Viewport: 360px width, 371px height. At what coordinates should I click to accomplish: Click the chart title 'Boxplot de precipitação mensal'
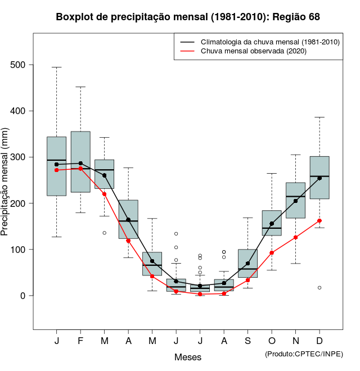pos(188,17)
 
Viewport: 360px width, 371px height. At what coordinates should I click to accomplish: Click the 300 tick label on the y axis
pos(19,157)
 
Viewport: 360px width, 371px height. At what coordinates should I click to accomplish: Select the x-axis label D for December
pos(319,341)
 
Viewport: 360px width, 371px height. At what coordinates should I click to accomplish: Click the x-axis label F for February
pos(80,341)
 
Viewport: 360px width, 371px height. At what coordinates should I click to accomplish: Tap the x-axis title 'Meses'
pos(188,357)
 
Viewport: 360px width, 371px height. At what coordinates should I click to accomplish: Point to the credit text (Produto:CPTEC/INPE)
pos(304,354)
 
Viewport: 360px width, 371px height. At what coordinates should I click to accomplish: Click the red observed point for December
pos(319,221)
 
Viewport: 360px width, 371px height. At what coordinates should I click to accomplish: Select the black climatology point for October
pos(272,224)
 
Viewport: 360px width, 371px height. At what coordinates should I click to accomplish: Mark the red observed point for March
pos(105,194)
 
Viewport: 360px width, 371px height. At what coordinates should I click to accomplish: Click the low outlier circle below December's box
pos(319,288)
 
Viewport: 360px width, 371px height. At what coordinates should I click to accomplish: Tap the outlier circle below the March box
pos(105,233)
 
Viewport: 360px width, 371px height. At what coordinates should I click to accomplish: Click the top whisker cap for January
pos(56,67)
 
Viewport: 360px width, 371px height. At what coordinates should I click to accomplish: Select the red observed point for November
pos(295,237)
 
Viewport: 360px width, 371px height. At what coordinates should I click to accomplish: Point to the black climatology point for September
pos(247,263)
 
